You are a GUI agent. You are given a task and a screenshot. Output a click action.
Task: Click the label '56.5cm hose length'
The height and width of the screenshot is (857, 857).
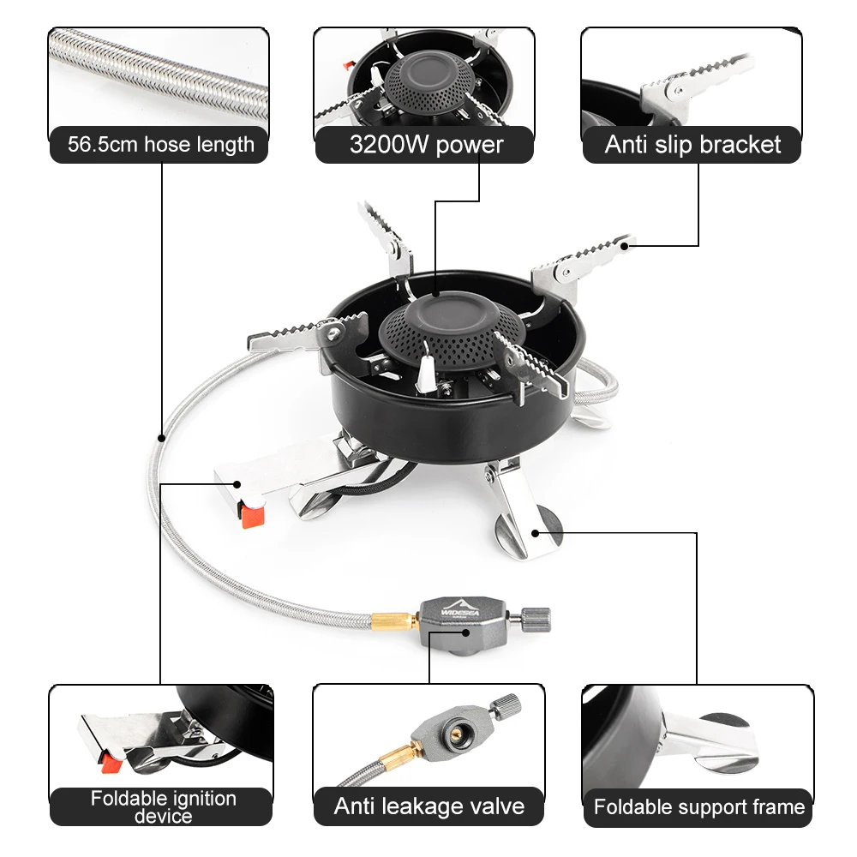[161, 145]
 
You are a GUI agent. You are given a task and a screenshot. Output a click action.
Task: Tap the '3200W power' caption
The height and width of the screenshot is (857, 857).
[426, 145]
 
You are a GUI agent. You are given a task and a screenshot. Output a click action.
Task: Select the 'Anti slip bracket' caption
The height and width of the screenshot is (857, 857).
[692, 145]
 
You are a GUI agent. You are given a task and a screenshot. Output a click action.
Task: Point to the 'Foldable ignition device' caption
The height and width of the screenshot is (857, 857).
[163, 806]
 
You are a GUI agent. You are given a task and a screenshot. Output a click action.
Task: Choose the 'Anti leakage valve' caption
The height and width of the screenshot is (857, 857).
[429, 806]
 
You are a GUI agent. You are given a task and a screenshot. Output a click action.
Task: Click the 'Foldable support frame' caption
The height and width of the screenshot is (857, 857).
[699, 807]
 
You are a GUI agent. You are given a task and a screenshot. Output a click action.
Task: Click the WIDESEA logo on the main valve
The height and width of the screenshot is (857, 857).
[460, 609]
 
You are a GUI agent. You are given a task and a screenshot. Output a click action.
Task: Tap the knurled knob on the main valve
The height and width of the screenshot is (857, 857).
[535, 620]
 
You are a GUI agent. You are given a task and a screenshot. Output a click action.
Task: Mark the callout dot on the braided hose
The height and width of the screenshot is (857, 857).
[161, 438]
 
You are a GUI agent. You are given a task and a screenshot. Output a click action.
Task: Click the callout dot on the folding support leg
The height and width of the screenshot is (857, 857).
[536, 533]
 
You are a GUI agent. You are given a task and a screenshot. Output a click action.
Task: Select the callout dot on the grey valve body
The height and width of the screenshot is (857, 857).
[465, 633]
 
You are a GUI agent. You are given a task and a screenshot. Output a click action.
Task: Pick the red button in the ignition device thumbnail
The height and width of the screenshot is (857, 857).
[111, 763]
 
